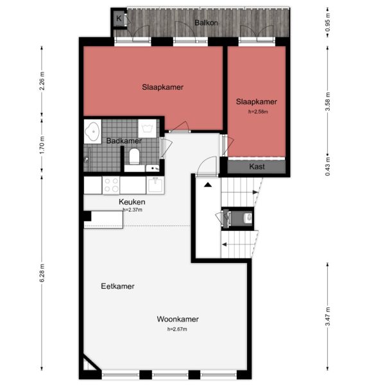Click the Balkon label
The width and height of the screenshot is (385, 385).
[x=205, y=22]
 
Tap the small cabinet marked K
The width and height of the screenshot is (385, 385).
[x=119, y=19]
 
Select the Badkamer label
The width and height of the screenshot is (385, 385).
[x=124, y=141]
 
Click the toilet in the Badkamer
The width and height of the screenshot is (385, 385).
[x=134, y=156]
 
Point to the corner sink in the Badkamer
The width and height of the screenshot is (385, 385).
[x=92, y=132]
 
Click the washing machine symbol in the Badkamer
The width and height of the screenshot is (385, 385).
[x=148, y=128]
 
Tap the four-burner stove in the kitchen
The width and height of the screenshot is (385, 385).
[x=111, y=185]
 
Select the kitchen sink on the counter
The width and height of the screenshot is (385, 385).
[x=155, y=185]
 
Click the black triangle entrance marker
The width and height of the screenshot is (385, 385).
[x=208, y=185]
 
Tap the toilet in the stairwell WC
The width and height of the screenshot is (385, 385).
[x=246, y=219]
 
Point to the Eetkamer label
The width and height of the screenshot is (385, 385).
[x=117, y=286]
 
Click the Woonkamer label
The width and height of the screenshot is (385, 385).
[x=178, y=319]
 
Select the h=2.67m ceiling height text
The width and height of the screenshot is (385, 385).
[x=178, y=329]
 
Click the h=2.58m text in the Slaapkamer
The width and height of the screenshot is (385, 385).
[x=256, y=111]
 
